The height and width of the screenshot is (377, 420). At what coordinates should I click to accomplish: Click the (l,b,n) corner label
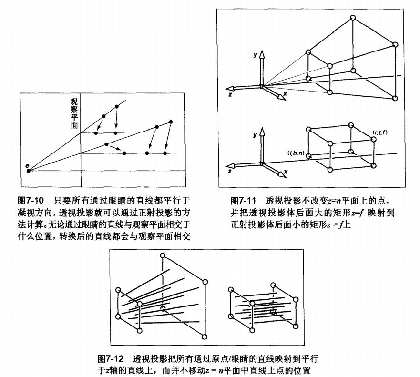coord(296,153)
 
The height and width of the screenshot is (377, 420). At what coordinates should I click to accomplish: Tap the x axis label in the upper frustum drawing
coord(285,94)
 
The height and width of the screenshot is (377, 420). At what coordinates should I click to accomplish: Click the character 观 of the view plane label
coord(74,102)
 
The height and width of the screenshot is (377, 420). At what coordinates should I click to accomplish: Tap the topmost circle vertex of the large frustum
coord(353,18)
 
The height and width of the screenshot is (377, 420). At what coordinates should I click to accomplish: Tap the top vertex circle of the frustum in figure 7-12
coord(163,256)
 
